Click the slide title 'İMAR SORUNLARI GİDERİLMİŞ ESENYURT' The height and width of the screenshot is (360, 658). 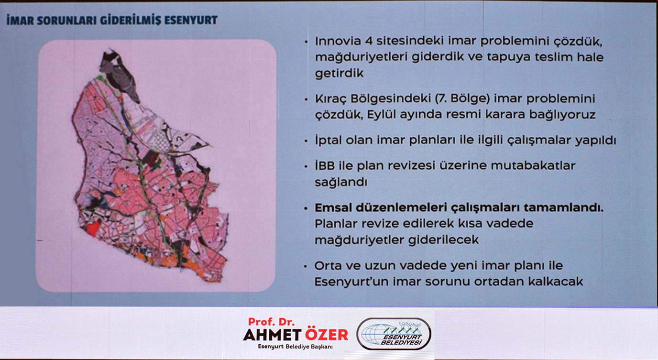tap(112, 20)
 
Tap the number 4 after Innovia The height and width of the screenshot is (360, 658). tap(369, 41)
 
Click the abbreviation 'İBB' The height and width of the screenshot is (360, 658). tap(325, 165)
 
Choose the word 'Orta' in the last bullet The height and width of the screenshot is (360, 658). tap(328, 266)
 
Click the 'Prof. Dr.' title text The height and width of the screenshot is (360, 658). tap(271, 322)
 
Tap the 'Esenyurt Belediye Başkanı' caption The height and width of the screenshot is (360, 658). tap(295, 347)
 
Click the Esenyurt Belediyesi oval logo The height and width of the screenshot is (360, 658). tap(394, 334)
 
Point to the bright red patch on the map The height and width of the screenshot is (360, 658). tap(93, 229)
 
